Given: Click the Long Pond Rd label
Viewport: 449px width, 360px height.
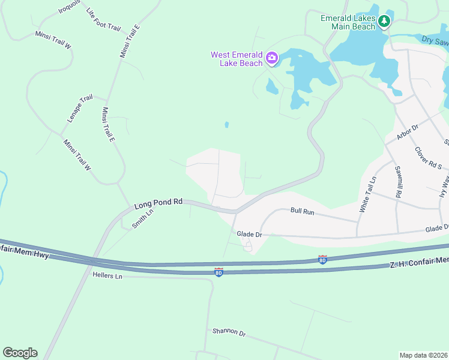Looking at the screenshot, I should (158, 204).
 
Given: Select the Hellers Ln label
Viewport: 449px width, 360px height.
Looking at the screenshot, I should (107, 275).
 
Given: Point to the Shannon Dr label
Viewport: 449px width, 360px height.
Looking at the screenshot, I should (229, 332).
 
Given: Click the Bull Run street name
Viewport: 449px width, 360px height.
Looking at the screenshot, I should (303, 211).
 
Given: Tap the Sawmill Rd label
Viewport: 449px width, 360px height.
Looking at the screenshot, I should (397, 183).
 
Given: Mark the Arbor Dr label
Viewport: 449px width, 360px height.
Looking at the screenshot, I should (407, 133).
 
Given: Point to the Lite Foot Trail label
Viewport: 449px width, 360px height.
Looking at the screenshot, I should (103, 20).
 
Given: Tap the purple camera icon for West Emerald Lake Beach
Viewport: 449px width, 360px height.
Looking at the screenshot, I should (272, 58).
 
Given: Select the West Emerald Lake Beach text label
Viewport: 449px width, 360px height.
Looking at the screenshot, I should (237, 59).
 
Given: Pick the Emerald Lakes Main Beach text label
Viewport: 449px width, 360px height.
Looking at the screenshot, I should (348, 22).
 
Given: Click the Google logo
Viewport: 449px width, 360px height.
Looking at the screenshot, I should (20, 353).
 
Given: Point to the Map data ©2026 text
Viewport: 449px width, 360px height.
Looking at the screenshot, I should (423, 355).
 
